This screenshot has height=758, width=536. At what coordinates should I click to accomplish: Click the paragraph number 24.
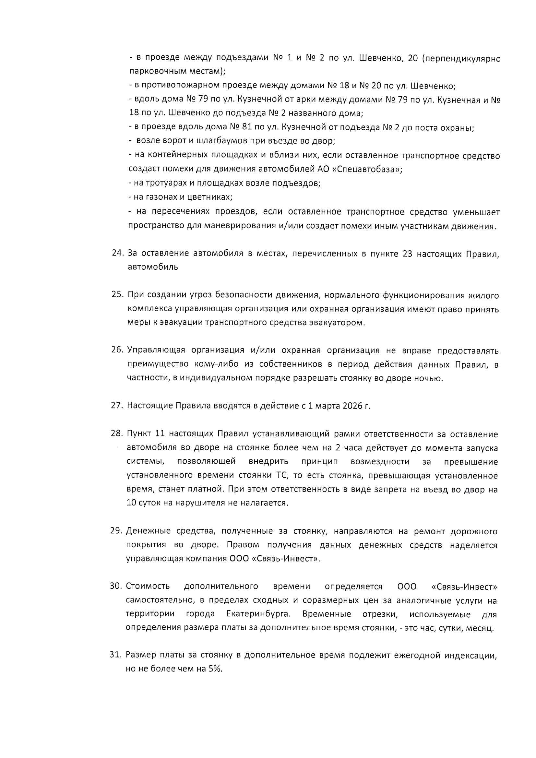pos(117,253)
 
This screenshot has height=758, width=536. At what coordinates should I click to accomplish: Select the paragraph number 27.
pos(117,405)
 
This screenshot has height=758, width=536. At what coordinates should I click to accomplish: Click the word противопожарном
pos(177,86)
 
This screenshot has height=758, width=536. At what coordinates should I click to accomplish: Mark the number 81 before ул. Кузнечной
pos(247,127)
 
